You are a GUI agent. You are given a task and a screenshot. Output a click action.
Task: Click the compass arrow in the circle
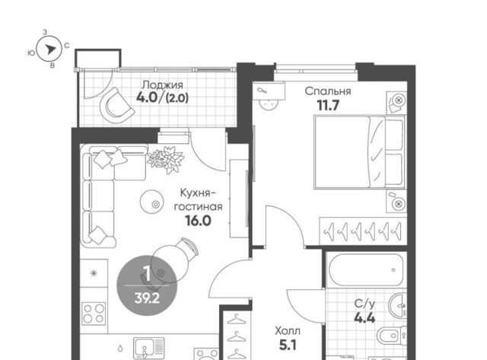pos(50,49)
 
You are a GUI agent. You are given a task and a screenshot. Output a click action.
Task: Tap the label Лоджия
pos(162,84)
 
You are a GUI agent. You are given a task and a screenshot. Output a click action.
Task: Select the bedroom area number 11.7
pos(328,106)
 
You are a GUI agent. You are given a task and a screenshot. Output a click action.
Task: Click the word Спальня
pos(328,91)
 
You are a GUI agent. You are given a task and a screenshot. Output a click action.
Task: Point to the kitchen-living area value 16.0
pos(198,221)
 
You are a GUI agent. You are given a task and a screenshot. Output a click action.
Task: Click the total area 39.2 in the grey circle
pos(147,298)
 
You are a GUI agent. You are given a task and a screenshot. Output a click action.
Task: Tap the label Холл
pos(288,331)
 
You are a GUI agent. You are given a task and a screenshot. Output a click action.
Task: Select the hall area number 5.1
pos(288,345)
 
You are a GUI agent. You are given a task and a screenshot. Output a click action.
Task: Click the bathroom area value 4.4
pos(364,318)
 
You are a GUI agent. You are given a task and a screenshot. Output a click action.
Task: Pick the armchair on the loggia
pos(116,105)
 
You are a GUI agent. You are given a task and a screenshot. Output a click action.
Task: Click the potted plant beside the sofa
pos(166,159)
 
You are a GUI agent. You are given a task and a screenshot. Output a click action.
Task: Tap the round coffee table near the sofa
pos(151,202)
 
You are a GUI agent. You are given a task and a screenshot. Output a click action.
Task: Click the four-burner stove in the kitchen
pos(94,314)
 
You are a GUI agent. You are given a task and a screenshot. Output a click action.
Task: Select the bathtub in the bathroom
pos(366,270)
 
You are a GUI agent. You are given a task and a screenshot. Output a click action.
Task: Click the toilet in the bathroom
pos(391,336)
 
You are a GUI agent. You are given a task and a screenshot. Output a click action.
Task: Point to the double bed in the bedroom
pos(360,152)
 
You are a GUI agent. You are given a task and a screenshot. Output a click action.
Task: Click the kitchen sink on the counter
pos(149,349)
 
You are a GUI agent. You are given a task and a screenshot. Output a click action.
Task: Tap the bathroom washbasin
pos(397,306)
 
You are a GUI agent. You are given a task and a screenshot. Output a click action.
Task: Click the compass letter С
pos(67,46)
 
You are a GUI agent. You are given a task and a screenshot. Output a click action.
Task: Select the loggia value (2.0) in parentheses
pos(177,99)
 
